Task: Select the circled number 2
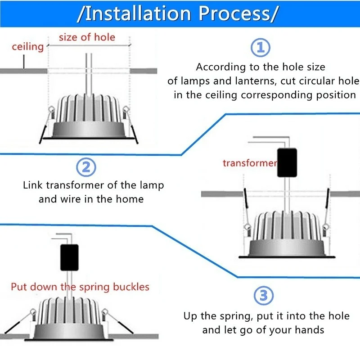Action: point(86,167)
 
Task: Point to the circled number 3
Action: point(264,296)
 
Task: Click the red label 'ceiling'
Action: point(27,47)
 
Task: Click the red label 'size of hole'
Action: point(87,37)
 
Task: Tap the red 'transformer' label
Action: point(249,163)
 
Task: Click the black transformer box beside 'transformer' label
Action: point(287,162)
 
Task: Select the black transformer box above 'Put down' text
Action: point(69,257)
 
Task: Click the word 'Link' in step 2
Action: point(33,185)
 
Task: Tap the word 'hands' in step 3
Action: point(309,330)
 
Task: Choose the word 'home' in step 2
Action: point(130,198)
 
